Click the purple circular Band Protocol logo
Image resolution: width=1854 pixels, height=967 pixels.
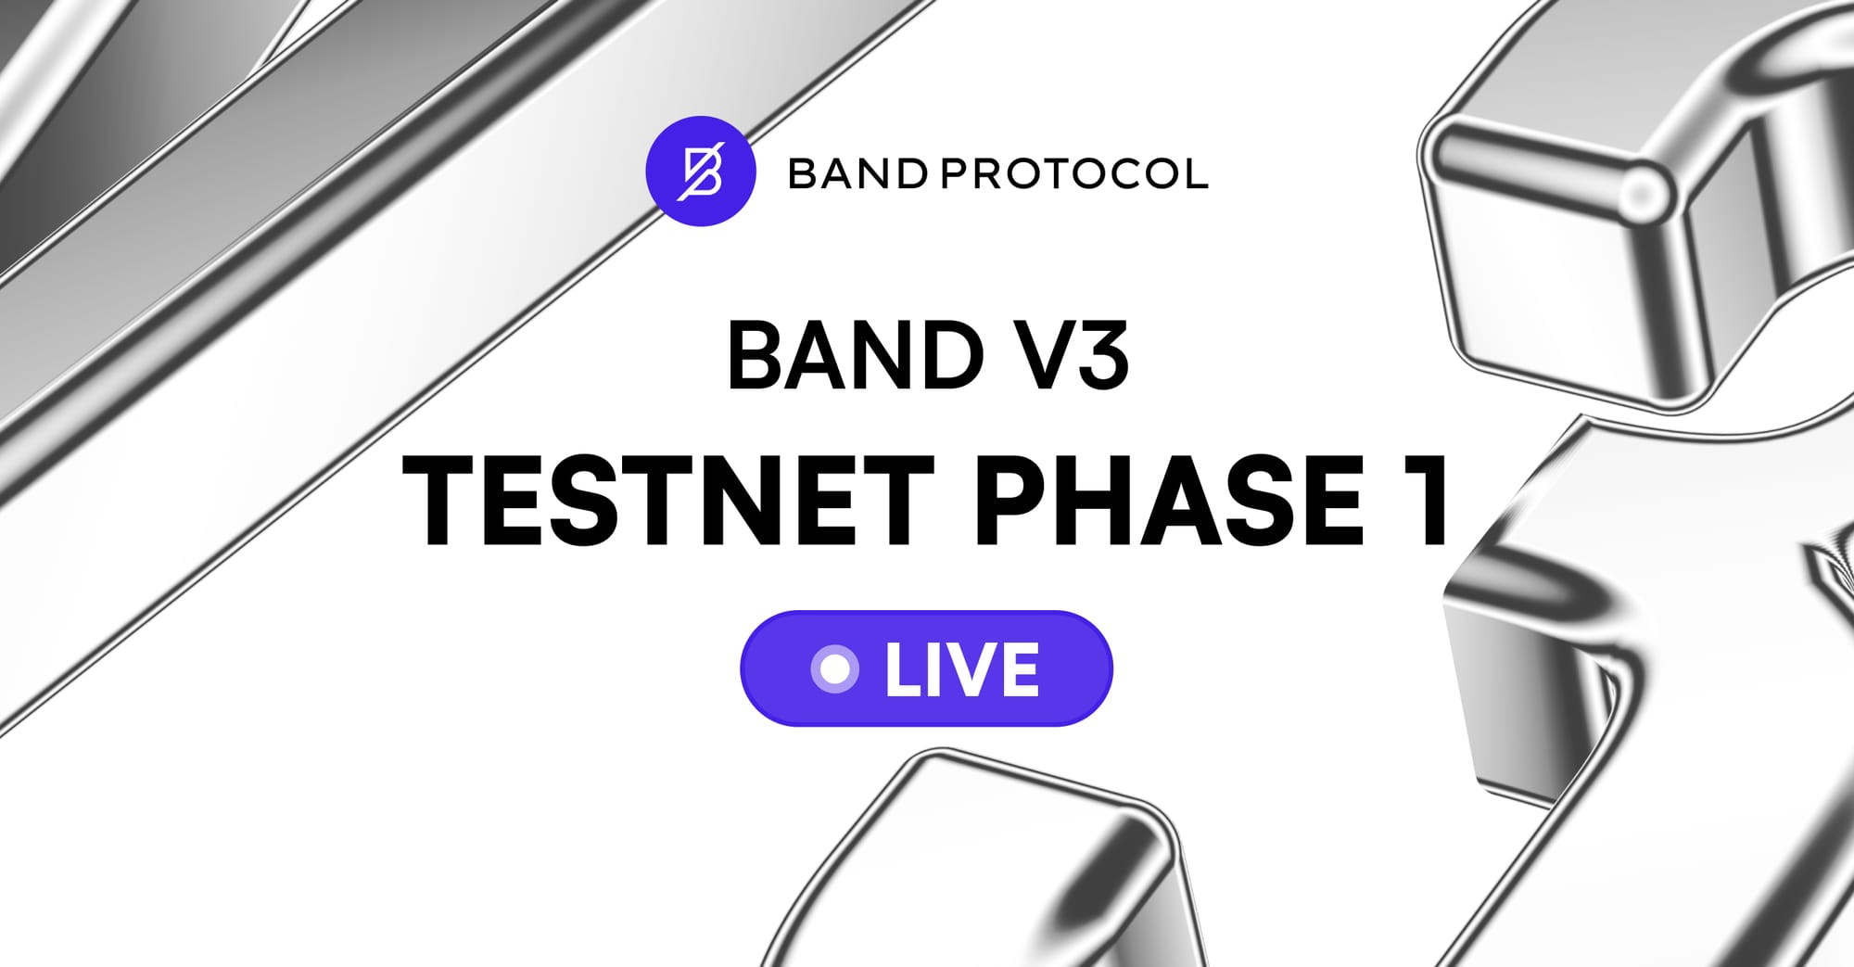(x=701, y=172)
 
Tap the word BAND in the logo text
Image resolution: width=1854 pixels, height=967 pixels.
(x=857, y=173)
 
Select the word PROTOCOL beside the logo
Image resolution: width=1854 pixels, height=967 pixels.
(x=1075, y=173)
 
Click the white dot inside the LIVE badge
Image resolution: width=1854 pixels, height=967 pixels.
(x=834, y=668)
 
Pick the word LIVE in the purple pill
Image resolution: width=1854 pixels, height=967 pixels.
(x=962, y=668)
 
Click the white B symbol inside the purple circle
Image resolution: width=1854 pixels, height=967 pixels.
(x=702, y=172)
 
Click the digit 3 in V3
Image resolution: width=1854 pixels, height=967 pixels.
(x=1100, y=356)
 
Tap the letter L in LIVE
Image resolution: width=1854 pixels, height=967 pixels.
(x=904, y=668)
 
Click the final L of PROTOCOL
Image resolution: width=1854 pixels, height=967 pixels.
(x=1196, y=173)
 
